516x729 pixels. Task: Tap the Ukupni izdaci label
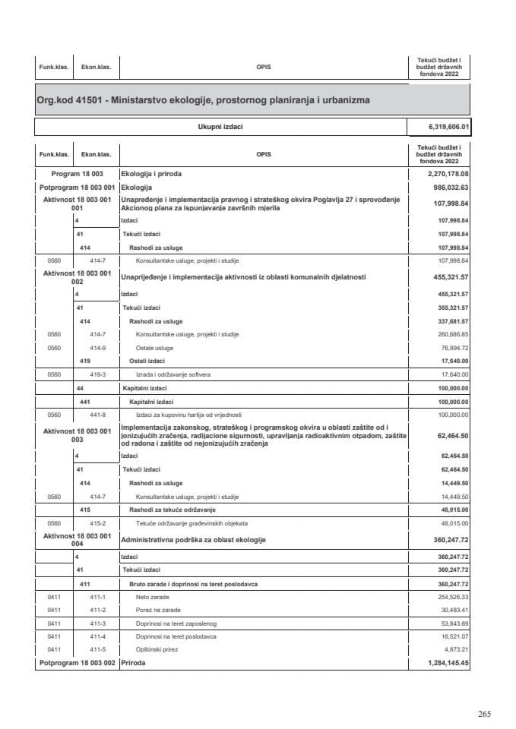220,128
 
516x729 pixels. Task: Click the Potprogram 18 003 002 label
76,663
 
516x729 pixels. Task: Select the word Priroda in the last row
133,663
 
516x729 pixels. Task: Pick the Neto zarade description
152,598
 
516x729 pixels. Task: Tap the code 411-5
97,650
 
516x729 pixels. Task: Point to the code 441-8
97,415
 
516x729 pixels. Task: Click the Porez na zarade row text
156,611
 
